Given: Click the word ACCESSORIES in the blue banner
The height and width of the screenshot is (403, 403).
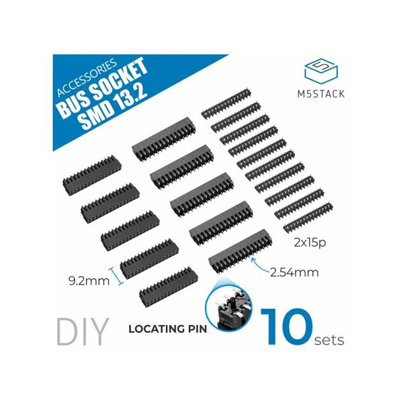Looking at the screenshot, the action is tap(87, 77).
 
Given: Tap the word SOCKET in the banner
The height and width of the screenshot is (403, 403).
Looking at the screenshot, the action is tap(120, 82).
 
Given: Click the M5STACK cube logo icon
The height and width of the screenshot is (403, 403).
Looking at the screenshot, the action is tap(321, 73).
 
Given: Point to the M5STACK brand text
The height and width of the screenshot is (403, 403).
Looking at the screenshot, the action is tap(321, 94).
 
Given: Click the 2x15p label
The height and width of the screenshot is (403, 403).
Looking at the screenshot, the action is tap(310, 242).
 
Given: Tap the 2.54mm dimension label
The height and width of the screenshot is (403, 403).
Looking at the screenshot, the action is tap(294, 273).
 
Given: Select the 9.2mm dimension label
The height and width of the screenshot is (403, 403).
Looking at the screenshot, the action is tap(89, 281).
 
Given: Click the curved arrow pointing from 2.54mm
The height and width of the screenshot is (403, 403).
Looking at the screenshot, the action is tap(259, 265).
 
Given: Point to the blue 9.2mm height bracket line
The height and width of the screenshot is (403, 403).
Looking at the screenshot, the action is tap(116, 276).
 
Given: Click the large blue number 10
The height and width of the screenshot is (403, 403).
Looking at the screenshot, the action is tap(287, 326).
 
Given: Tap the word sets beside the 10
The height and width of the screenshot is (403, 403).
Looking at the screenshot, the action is tap(329, 340).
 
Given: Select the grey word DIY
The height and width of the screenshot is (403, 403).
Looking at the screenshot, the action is tap(83, 332).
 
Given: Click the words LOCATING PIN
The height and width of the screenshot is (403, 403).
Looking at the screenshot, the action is tap(167, 329).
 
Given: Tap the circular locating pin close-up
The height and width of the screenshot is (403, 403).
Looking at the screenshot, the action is tap(229, 307).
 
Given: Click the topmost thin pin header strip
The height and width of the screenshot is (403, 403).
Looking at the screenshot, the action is tap(226, 103).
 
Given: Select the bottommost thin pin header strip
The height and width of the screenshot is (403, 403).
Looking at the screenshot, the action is tap(308, 218).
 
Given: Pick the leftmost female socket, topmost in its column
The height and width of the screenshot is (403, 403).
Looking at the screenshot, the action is tap(92, 175).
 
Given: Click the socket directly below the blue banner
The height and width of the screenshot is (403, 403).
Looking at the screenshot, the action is tap(164, 139).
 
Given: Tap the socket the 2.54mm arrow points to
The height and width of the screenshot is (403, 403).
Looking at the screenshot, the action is tap(240, 251).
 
